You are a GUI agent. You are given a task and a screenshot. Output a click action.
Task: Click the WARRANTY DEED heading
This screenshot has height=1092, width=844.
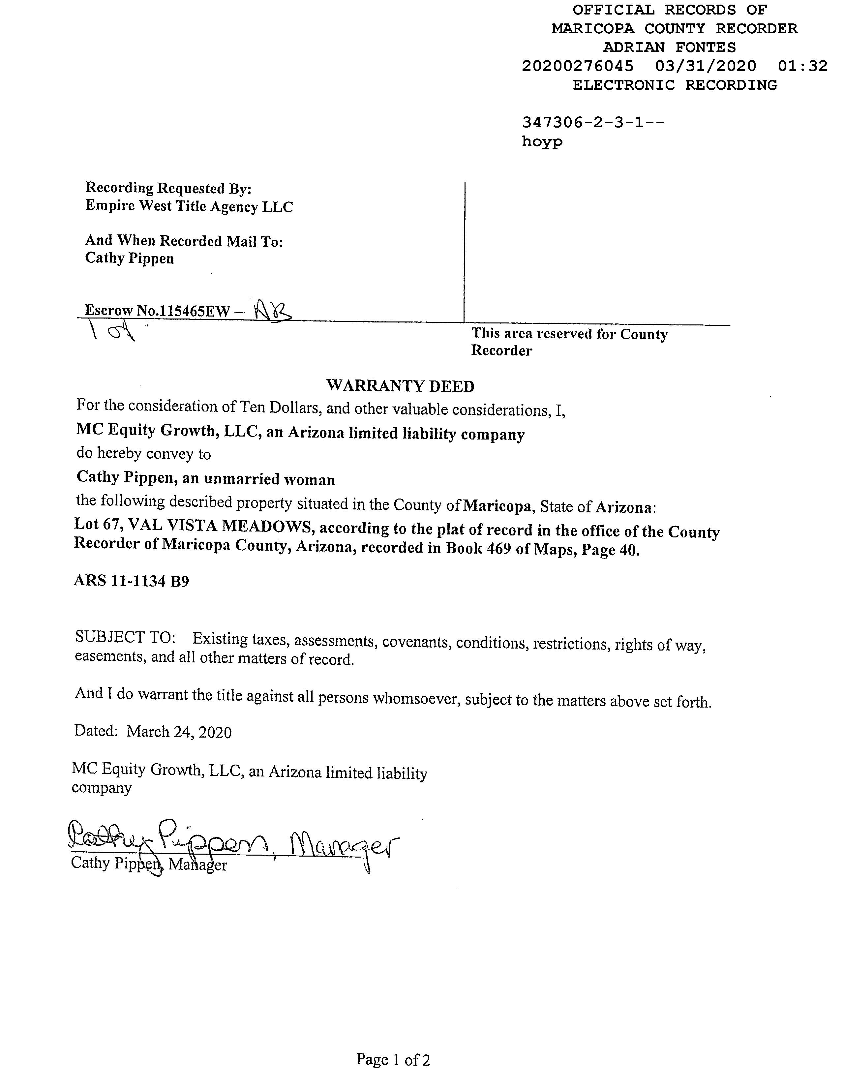click(x=400, y=386)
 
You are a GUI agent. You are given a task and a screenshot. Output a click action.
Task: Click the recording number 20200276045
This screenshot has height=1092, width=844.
click(x=578, y=66)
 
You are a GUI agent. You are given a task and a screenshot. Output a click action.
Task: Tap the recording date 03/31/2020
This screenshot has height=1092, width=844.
click(x=706, y=66)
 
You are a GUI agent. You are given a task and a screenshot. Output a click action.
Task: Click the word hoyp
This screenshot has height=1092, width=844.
click(x=542, y=142)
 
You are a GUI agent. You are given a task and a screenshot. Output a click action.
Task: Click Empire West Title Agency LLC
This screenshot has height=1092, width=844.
click(x=189, y=206)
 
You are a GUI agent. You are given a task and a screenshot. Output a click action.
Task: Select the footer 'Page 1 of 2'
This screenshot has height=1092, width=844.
click(x=393, y=1059)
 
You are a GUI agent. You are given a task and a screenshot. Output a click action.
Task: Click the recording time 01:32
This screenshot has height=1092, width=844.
click(x=802, y=66)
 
